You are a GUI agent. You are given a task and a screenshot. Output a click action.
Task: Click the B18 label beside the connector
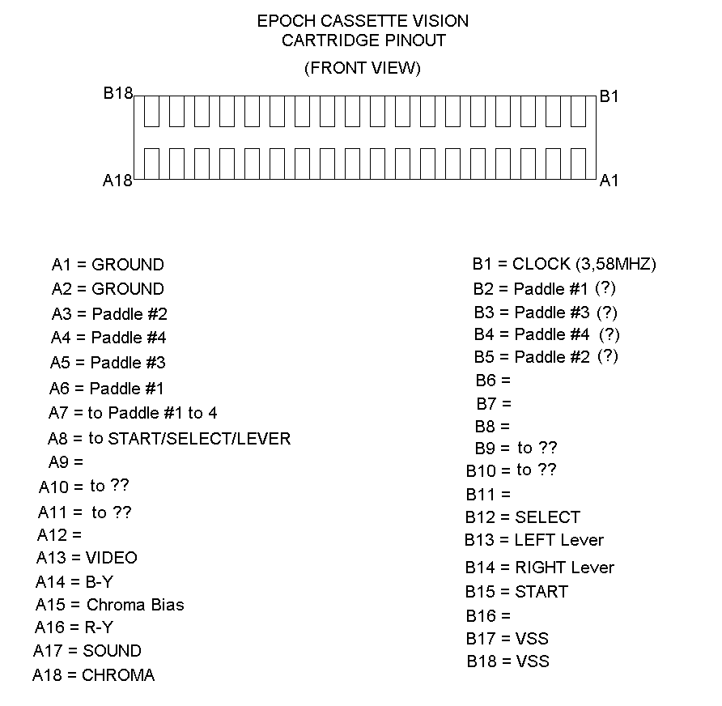(117, 94)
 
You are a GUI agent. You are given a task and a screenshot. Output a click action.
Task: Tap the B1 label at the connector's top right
(609, 96)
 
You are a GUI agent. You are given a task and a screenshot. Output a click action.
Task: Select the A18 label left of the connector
(117, 181)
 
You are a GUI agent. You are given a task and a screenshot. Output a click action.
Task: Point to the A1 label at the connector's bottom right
(609, 181)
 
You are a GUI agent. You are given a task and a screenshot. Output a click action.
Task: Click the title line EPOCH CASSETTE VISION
(363, 21)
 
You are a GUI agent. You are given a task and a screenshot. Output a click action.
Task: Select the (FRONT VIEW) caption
(363, 68)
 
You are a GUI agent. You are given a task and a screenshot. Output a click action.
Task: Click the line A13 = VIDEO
(87, 558)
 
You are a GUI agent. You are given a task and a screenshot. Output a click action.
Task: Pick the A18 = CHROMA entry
(93, 675)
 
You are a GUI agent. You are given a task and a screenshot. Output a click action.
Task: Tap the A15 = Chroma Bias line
(109, 605)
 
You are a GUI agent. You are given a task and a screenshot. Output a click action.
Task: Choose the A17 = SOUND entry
(87, 651)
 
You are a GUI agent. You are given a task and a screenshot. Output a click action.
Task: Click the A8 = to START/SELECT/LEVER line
(168, 439)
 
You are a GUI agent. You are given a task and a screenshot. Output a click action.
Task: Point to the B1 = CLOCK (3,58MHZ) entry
(564, 264)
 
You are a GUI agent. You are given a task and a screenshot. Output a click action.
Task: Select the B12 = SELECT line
(523, 517)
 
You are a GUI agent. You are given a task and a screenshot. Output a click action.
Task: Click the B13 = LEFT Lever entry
(534, 540)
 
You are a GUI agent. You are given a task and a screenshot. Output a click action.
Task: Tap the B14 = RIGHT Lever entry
(539, 568)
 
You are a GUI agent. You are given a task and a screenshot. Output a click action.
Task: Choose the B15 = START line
(516, 592)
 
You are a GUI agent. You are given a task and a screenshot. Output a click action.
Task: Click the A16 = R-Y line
(74, 627)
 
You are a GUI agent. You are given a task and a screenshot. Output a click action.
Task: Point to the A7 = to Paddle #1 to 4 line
(133, 413)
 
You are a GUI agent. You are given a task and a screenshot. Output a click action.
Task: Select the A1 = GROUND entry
(108, 265)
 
